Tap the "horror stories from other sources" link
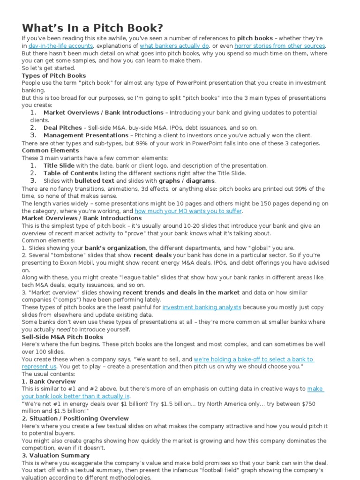[x=279, y=46]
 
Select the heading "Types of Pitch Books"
[x=54, y=75]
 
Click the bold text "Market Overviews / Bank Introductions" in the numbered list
[x=103, y=113]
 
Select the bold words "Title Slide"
[x=59, y=165]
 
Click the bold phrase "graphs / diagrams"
[x=187, y=180]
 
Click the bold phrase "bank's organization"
[x=115, y=247]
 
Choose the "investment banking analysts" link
[x=202, y=307]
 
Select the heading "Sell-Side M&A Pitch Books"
[x=62, y=337]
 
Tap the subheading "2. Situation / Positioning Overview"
[x=75, y=418]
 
